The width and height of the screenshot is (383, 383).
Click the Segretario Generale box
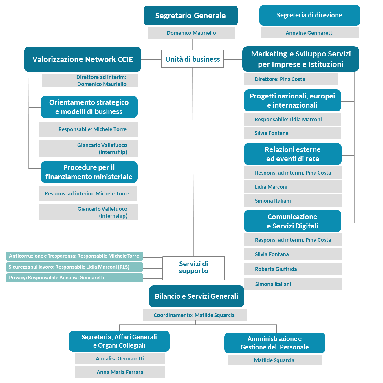(x=190, y=16)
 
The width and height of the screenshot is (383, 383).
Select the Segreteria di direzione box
(x=309, y=15)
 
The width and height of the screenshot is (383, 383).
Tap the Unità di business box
(x=193, y=59)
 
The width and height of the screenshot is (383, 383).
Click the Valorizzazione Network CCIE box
(x=83, y=59)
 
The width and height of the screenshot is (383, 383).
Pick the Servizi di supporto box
(x=193, y=268)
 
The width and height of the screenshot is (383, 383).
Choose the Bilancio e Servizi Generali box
(x=196, y=296)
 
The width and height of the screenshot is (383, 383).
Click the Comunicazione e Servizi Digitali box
(x=292, y=221)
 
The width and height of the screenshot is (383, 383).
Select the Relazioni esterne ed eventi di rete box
(x=293, y=154)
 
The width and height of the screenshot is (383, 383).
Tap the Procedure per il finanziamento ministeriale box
(x=89, y=172)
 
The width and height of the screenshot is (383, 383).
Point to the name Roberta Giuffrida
(x=276, y=269)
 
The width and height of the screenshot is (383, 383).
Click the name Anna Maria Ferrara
(x=120, y=372)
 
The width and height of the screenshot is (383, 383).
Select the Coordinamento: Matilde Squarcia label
(x=194, y=315)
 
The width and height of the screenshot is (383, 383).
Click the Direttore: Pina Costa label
(x=280, y=79)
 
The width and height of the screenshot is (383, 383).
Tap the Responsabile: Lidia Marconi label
(x=288, y=119)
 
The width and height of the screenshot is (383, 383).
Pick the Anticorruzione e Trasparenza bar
(x=74, y=256)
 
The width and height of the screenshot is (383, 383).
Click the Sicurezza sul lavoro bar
(x=74, y=267)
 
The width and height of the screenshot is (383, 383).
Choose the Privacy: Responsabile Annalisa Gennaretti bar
(x=74, y=278)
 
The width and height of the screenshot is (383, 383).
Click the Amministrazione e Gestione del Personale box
(x=274, y=343)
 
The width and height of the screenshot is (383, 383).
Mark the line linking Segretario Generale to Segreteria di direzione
(x=248, y=14)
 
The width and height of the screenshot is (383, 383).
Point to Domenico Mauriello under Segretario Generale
(x=191, y=33)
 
